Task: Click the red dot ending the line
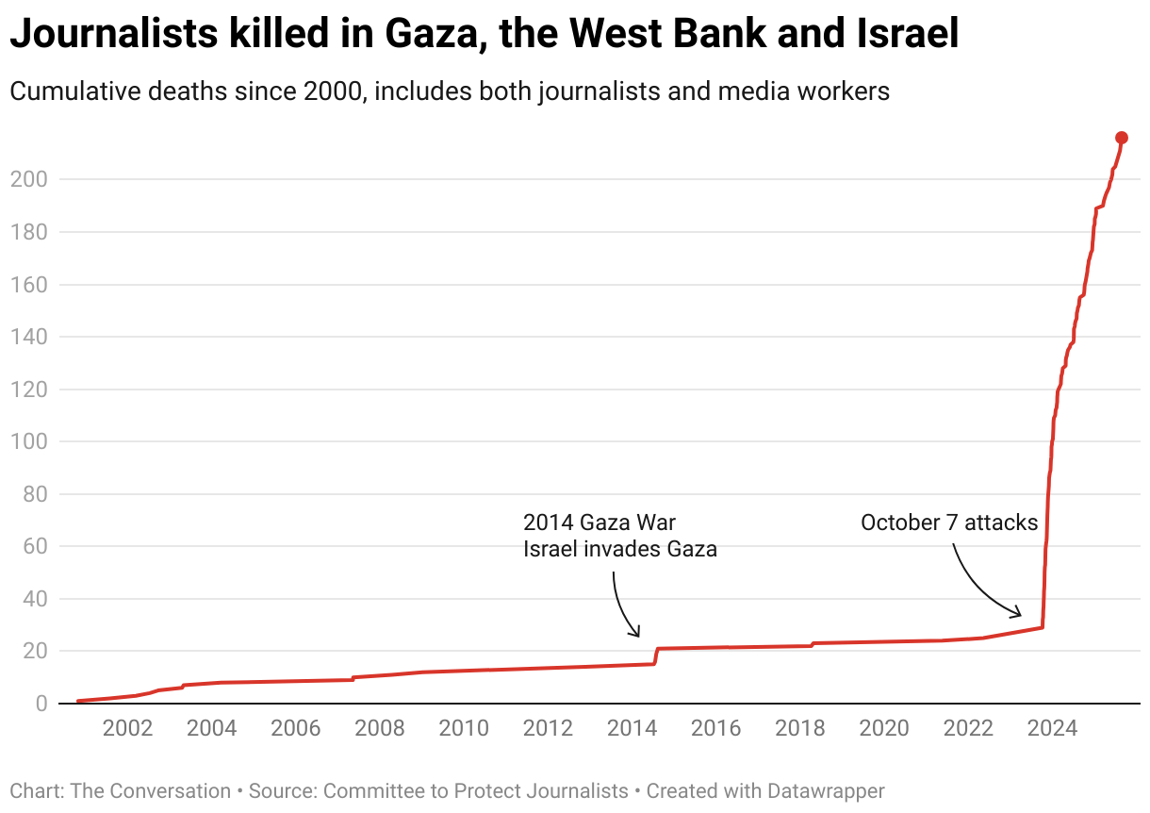[1122, 138]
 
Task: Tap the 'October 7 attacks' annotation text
[949, 523]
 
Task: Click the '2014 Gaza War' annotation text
[600, 523]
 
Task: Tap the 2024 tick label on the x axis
[1052, 728]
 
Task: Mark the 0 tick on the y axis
[41, 704]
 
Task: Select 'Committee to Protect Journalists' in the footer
[475, 790]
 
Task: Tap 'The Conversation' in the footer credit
[150, 790]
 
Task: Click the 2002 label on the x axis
[127, 728]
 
